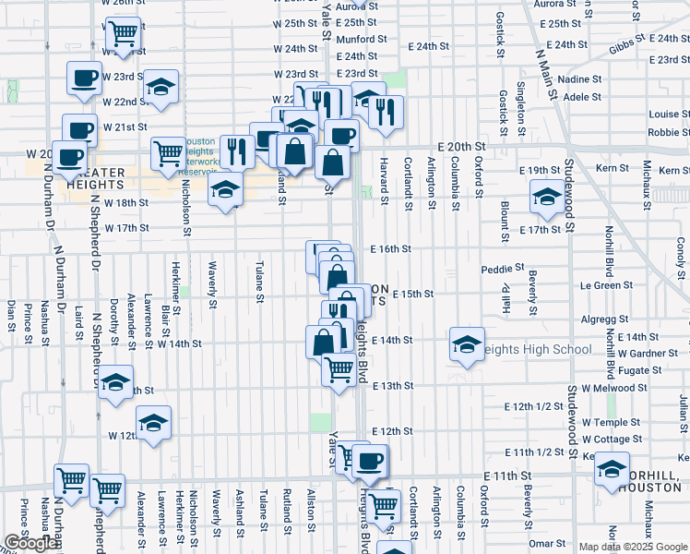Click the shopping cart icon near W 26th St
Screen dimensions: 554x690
coord(123,34)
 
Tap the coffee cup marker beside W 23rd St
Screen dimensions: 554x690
coord(84,78)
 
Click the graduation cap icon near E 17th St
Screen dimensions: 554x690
coord(547,197)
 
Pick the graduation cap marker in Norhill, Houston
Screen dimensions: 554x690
coord(612,469)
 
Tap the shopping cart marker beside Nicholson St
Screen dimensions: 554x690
coord(168,154)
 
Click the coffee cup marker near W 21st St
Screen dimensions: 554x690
coord(79,131)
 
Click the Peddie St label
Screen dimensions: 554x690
coord(502,270)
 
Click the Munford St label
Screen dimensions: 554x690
coord(361,40)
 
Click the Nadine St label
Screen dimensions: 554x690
coord(580,80)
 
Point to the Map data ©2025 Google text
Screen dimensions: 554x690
coord(632,547)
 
